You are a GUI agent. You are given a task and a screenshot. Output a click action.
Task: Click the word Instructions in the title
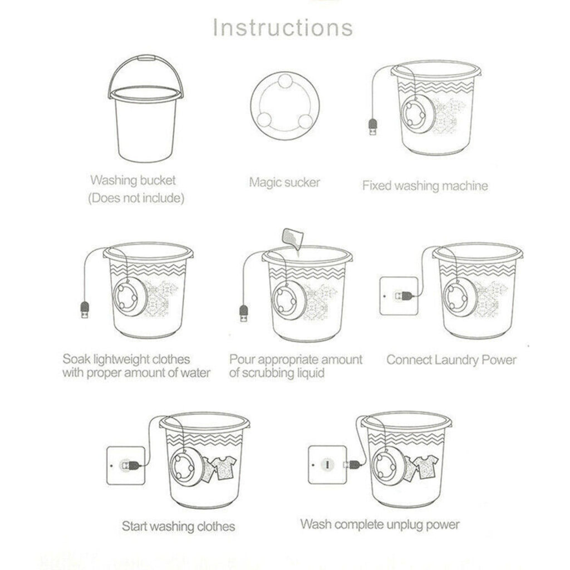coord(283,27)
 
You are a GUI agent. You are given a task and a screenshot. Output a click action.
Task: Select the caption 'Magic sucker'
coord(284,182)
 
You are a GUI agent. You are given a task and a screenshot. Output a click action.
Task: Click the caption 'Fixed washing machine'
coord(425,185)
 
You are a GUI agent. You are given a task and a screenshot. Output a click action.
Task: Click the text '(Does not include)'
coord(136,198)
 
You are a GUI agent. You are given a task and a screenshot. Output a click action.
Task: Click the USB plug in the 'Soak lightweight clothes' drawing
coord(86,310)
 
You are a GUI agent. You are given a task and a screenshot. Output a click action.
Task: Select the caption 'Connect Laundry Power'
coord(451,360)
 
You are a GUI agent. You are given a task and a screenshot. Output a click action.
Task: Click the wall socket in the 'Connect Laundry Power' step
coord(397,296)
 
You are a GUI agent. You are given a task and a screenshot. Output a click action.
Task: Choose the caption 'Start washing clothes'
coord(178,526)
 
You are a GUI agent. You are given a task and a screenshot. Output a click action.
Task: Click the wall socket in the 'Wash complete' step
coord(328,464)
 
